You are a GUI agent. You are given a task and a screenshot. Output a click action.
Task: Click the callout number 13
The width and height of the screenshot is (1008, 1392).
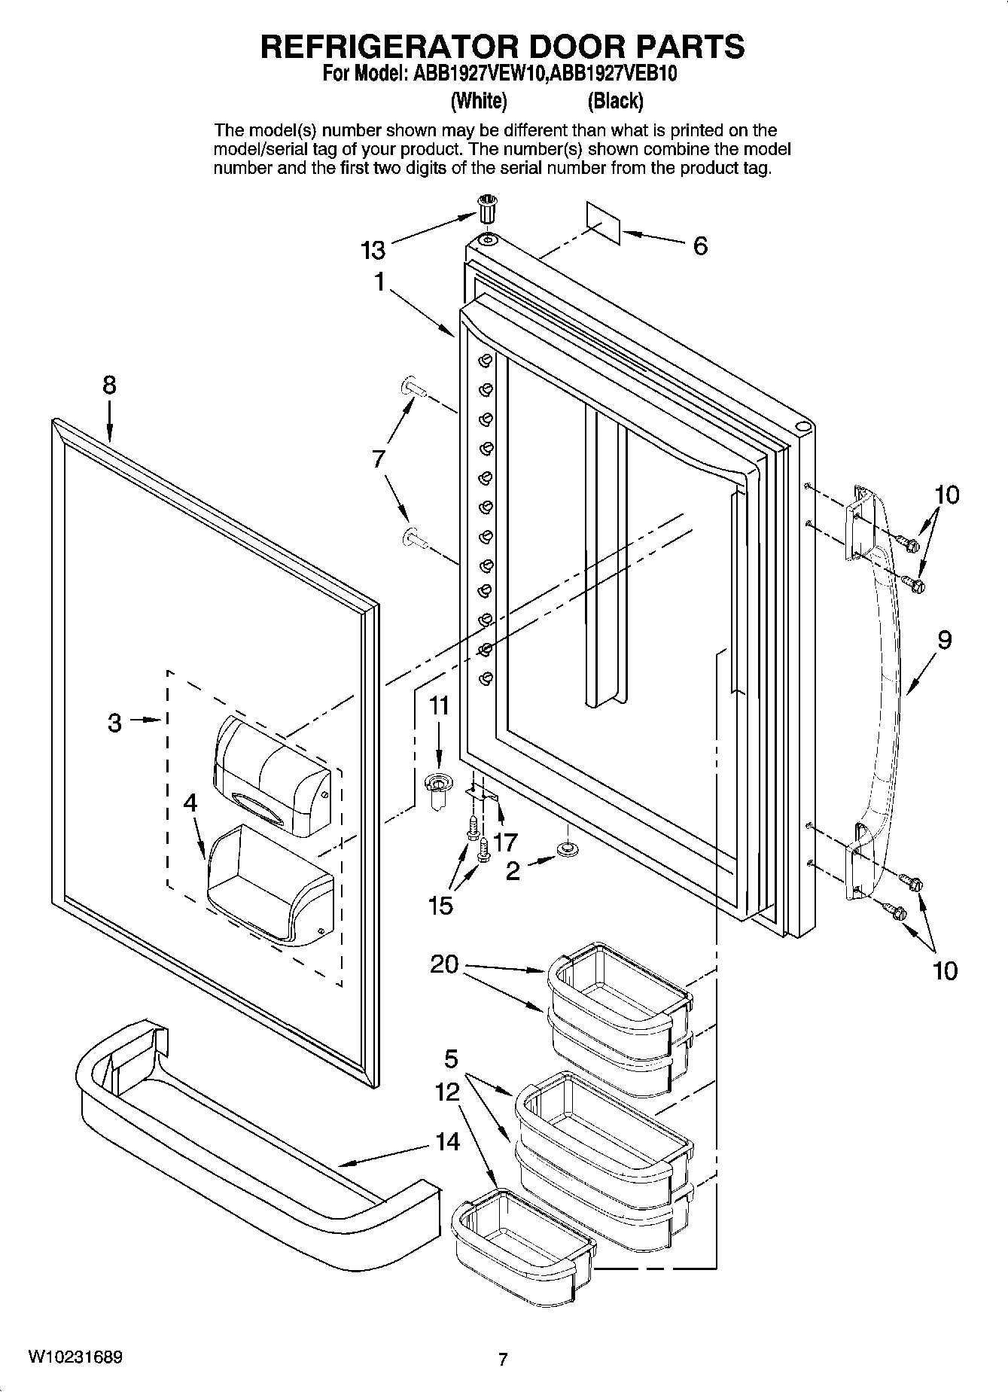click(x=373, y=249)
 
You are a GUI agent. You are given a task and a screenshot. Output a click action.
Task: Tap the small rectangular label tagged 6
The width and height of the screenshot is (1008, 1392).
click(x=603, y=222)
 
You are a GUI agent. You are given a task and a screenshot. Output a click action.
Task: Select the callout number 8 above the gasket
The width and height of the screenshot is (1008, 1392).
click(x=110, y=385)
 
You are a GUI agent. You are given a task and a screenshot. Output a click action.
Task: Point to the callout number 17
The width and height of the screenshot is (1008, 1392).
click(x=505, y=841)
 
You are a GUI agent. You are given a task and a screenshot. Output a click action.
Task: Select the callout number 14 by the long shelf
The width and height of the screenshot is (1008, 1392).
click(x=447, y=1141)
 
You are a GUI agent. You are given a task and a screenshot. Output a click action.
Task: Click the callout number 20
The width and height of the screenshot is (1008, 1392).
click(x=444, y=964)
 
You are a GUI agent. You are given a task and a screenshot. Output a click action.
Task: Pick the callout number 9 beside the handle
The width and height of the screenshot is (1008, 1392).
click(x=945, y=640)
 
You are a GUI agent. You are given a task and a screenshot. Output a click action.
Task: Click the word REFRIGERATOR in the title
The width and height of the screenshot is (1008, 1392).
click(x=385, y=47)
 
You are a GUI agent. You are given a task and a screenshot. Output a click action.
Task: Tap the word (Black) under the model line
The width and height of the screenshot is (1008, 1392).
click(x=615, y=100)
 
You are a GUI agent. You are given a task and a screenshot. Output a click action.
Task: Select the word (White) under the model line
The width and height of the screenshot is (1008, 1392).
click(x=479, y=100)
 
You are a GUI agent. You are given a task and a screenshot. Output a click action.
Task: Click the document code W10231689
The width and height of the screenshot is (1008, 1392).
click(x=75, y=1357)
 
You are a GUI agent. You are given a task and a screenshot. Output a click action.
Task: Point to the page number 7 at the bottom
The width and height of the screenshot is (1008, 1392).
click(x=503, y=1359)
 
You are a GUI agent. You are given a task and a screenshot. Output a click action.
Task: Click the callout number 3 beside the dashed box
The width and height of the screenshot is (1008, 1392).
click(x=114, y=723)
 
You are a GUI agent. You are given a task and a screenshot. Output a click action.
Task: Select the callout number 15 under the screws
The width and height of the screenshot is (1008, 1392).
click(x=440, y=905)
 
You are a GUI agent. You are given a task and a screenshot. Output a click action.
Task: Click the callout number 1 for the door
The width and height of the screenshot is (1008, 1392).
click(x=380, y=282)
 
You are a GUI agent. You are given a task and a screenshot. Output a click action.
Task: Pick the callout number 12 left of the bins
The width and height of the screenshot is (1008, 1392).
click(x=447, y=1091)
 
